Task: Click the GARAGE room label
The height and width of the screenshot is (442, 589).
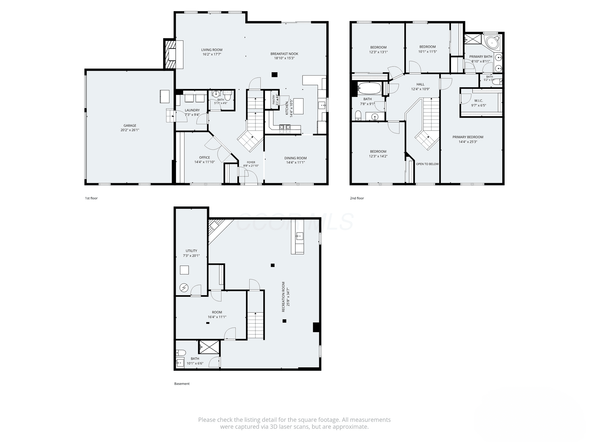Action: coord(130,125)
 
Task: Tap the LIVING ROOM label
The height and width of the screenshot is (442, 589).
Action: coord(212,50)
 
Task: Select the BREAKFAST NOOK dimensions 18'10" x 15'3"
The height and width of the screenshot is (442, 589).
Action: coord(284,58)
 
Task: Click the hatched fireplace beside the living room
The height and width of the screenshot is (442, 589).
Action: coord(170,54)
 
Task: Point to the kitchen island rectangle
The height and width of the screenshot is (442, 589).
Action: coord(299,106)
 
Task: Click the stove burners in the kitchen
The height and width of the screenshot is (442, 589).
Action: coord(285,129)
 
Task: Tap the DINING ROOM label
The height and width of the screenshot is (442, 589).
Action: coord(295,158)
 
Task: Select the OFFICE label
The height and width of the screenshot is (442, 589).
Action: coord(204,157)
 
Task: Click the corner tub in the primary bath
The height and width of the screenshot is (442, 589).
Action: coord(492,42)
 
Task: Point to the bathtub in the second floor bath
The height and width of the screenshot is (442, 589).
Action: coord(369,88)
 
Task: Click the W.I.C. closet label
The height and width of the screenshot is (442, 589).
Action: coord(479,101)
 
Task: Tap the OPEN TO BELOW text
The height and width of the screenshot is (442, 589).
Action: coord(427,164)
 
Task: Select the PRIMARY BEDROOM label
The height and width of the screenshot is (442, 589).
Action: coord(468,137)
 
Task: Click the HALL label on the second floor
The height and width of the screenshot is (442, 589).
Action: coord(420,84)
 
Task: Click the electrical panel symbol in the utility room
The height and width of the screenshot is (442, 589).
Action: coord(184,287)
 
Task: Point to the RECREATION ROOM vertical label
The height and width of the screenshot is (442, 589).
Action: coord(283,297)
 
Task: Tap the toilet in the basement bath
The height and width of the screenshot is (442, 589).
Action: coord(181,353)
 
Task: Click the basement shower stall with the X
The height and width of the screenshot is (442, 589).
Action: coord(209,347)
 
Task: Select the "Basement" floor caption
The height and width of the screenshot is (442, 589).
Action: coord(182,384)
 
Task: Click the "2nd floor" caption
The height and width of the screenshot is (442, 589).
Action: coord(357,198)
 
